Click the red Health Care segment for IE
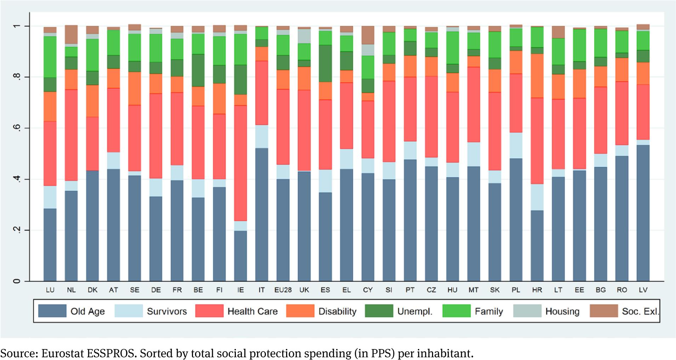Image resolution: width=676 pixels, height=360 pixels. [240, 163]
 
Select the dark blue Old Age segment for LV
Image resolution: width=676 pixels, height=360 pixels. [643, 213]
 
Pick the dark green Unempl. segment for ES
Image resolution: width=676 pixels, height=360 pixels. [325, 63]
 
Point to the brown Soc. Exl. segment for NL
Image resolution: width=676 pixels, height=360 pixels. [71, 34]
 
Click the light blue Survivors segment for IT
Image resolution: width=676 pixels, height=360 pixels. [262, 136]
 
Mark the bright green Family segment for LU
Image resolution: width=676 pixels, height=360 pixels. [50, 57]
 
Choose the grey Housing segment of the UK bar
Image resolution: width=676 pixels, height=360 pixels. [304, 36]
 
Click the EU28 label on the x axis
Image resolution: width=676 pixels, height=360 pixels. [283, 290]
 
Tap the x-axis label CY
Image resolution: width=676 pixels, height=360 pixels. [368, 290]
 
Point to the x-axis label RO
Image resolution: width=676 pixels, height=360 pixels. [622, 290]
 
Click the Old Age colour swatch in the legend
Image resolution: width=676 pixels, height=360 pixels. [52, 311]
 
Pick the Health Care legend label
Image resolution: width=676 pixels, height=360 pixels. [252, 311]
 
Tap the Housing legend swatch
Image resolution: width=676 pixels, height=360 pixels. [527, 311]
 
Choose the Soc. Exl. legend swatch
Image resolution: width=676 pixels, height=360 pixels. [603, 311]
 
